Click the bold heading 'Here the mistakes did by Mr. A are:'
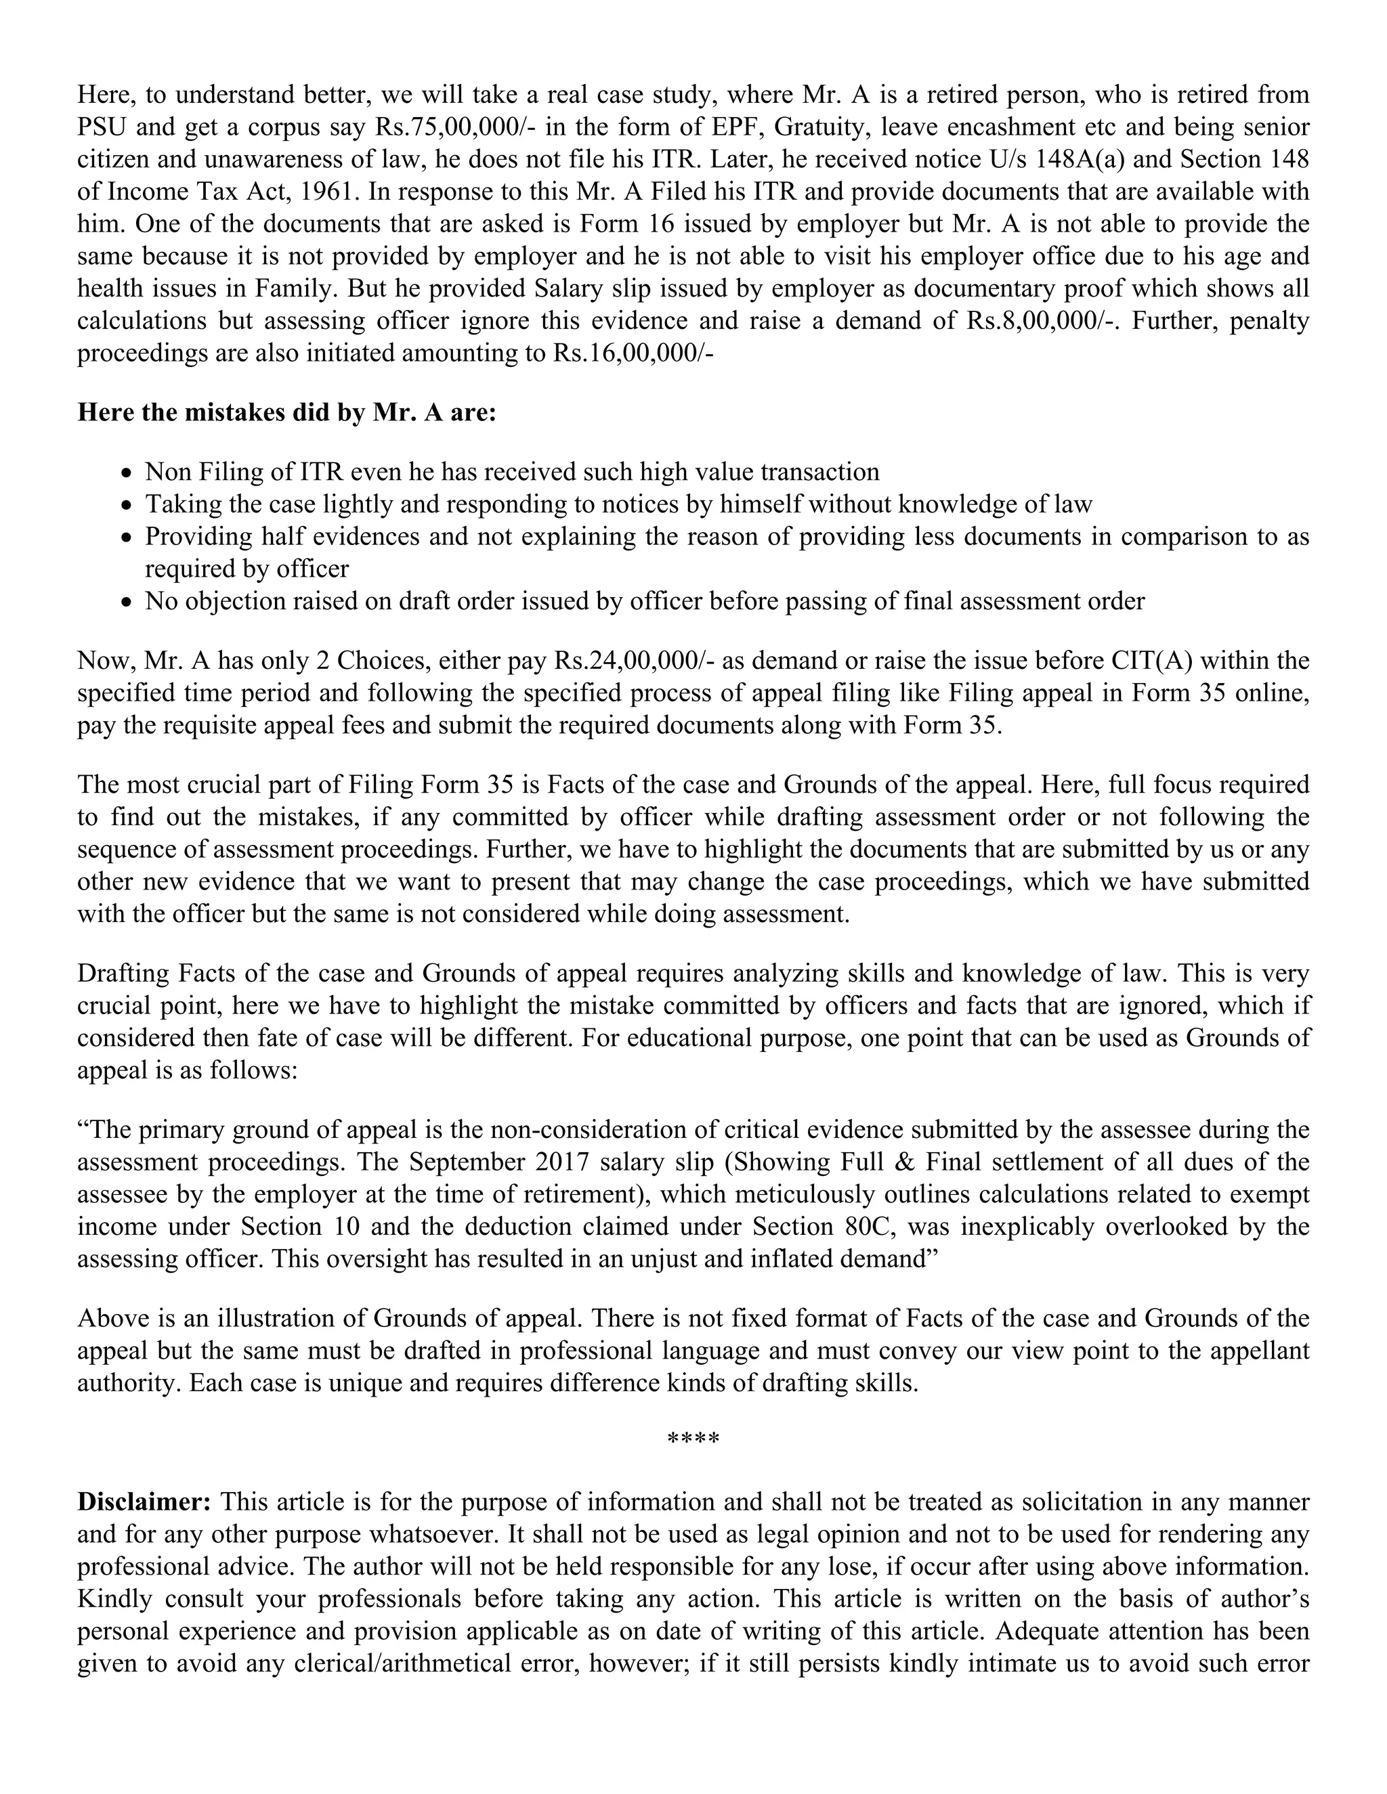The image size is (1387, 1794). click(x=286, y=412)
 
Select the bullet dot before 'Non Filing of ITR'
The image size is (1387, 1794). click(x=126, y=474)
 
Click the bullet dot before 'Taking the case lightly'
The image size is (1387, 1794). click(x=126, y=506)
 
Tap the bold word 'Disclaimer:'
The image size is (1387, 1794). click(x=144, y=1501)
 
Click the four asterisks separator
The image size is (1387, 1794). click(x=693, y=1440)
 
